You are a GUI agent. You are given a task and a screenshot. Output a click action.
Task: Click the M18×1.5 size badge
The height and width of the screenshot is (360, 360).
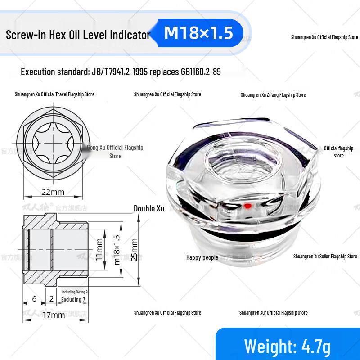199,33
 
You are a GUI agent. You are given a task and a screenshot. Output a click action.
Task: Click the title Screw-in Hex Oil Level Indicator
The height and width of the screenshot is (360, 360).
77,35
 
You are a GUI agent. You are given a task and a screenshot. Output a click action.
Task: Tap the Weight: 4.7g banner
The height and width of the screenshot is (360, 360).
287,346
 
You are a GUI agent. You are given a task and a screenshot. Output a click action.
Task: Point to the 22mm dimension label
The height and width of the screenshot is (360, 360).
53,192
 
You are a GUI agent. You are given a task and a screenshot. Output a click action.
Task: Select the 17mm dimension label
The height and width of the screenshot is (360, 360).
54,315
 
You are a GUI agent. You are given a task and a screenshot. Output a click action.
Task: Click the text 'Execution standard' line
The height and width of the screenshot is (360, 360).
121,72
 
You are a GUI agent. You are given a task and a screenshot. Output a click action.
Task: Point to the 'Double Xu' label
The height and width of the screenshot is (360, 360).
149,209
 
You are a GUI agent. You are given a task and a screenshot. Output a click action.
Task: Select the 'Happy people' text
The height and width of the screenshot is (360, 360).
202,257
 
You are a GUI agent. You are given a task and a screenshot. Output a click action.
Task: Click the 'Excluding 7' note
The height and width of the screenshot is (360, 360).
73,299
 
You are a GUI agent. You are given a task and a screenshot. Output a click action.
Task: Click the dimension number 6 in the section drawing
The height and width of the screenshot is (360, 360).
34,299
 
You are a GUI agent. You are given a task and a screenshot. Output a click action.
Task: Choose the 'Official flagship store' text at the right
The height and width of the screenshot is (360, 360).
338,152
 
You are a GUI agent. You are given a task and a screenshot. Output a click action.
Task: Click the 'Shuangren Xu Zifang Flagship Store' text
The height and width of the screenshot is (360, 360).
273,95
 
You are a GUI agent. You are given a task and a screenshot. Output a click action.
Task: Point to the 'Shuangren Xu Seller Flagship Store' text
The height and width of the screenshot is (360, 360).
325,256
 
